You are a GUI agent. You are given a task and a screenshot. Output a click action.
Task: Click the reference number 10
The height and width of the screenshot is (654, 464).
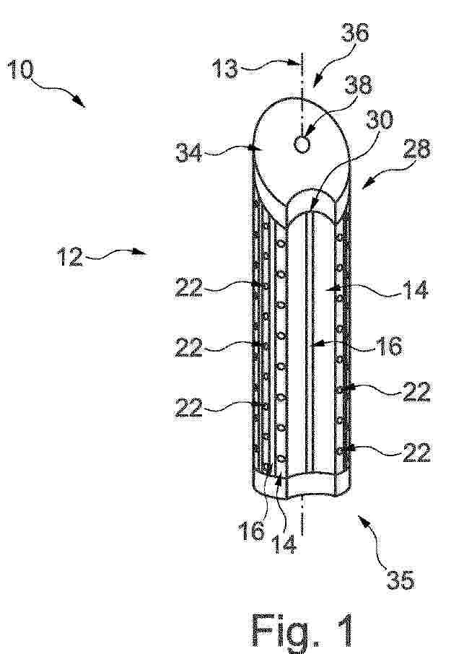(x=19, y=69)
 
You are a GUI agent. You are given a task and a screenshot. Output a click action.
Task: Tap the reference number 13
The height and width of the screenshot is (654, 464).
(x=224, y=68)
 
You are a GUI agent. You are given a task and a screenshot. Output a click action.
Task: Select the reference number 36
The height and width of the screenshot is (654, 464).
(x=355, y=32)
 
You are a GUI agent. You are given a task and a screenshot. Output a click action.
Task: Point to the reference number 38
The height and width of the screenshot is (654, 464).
(x=358, y=84)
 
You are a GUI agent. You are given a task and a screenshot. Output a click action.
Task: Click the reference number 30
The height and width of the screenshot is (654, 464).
(x=379, y=120)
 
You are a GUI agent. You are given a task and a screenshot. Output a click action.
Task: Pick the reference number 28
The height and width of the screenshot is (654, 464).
(x=416, y=149)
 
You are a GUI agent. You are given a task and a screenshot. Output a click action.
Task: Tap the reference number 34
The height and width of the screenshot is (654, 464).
(x=188, y=152)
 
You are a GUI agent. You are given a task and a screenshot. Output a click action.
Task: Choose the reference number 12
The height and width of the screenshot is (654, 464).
(x=69, y=256)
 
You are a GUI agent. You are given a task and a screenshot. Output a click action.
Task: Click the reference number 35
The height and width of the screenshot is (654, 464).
(x=400, y=580)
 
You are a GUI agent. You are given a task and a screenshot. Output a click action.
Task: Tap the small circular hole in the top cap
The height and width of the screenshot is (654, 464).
(x=302, y=144)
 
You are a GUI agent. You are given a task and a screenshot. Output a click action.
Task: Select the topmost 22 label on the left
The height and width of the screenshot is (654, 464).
(x=189, y=287)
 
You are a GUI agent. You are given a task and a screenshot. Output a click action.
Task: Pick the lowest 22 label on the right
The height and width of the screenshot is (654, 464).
(x=416, y=452)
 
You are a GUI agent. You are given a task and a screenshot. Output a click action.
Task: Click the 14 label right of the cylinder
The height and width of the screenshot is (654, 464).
(x=415, y=290)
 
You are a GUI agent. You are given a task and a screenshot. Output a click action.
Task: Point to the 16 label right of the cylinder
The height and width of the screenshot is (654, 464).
(x=389, y=346)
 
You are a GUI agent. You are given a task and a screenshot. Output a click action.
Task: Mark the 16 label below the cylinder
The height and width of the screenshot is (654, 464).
(x=251, y=531)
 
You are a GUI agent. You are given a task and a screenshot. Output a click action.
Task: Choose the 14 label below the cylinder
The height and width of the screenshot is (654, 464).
(x=284, y=544)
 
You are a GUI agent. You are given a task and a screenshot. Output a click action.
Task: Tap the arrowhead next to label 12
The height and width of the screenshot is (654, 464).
(x=141, y=252)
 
